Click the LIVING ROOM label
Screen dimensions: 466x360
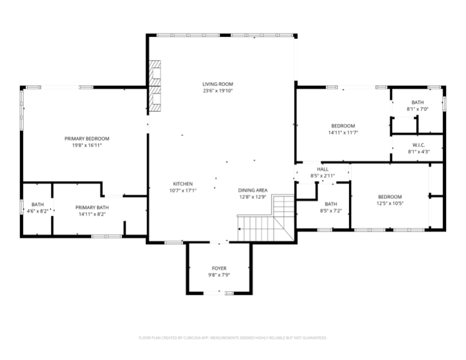[x=218, y=84]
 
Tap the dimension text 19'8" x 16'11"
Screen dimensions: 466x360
[x=86, y=145]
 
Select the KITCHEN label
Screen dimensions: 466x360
[x=183, y=184]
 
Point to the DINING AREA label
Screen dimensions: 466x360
[x=252, y=190]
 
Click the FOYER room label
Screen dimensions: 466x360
[x=219, y=268]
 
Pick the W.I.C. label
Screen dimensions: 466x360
[x=418, y=145]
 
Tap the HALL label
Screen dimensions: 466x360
[x=322, y=169]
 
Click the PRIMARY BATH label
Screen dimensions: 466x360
[x=92, y=207]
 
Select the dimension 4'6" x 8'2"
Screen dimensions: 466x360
[x=38, y=211]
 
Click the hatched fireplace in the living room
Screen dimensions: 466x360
[x=155, y=86]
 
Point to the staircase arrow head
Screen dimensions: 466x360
[x=239, y=229]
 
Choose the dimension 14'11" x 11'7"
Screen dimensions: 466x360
[x=343, y=132]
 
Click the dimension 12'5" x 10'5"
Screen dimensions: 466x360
[x=390, y=204]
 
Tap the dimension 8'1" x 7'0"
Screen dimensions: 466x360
[x=418, y=109]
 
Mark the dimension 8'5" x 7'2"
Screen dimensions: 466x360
[x=331, y=211]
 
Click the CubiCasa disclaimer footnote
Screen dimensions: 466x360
[x=232, y=338]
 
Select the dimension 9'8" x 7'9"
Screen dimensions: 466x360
[x=219, y=275]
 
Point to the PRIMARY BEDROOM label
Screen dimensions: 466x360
[x=86, y=138]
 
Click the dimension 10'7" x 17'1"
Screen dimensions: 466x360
[x=183, y=191]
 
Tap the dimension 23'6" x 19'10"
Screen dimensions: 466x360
[x=218, y=91]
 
